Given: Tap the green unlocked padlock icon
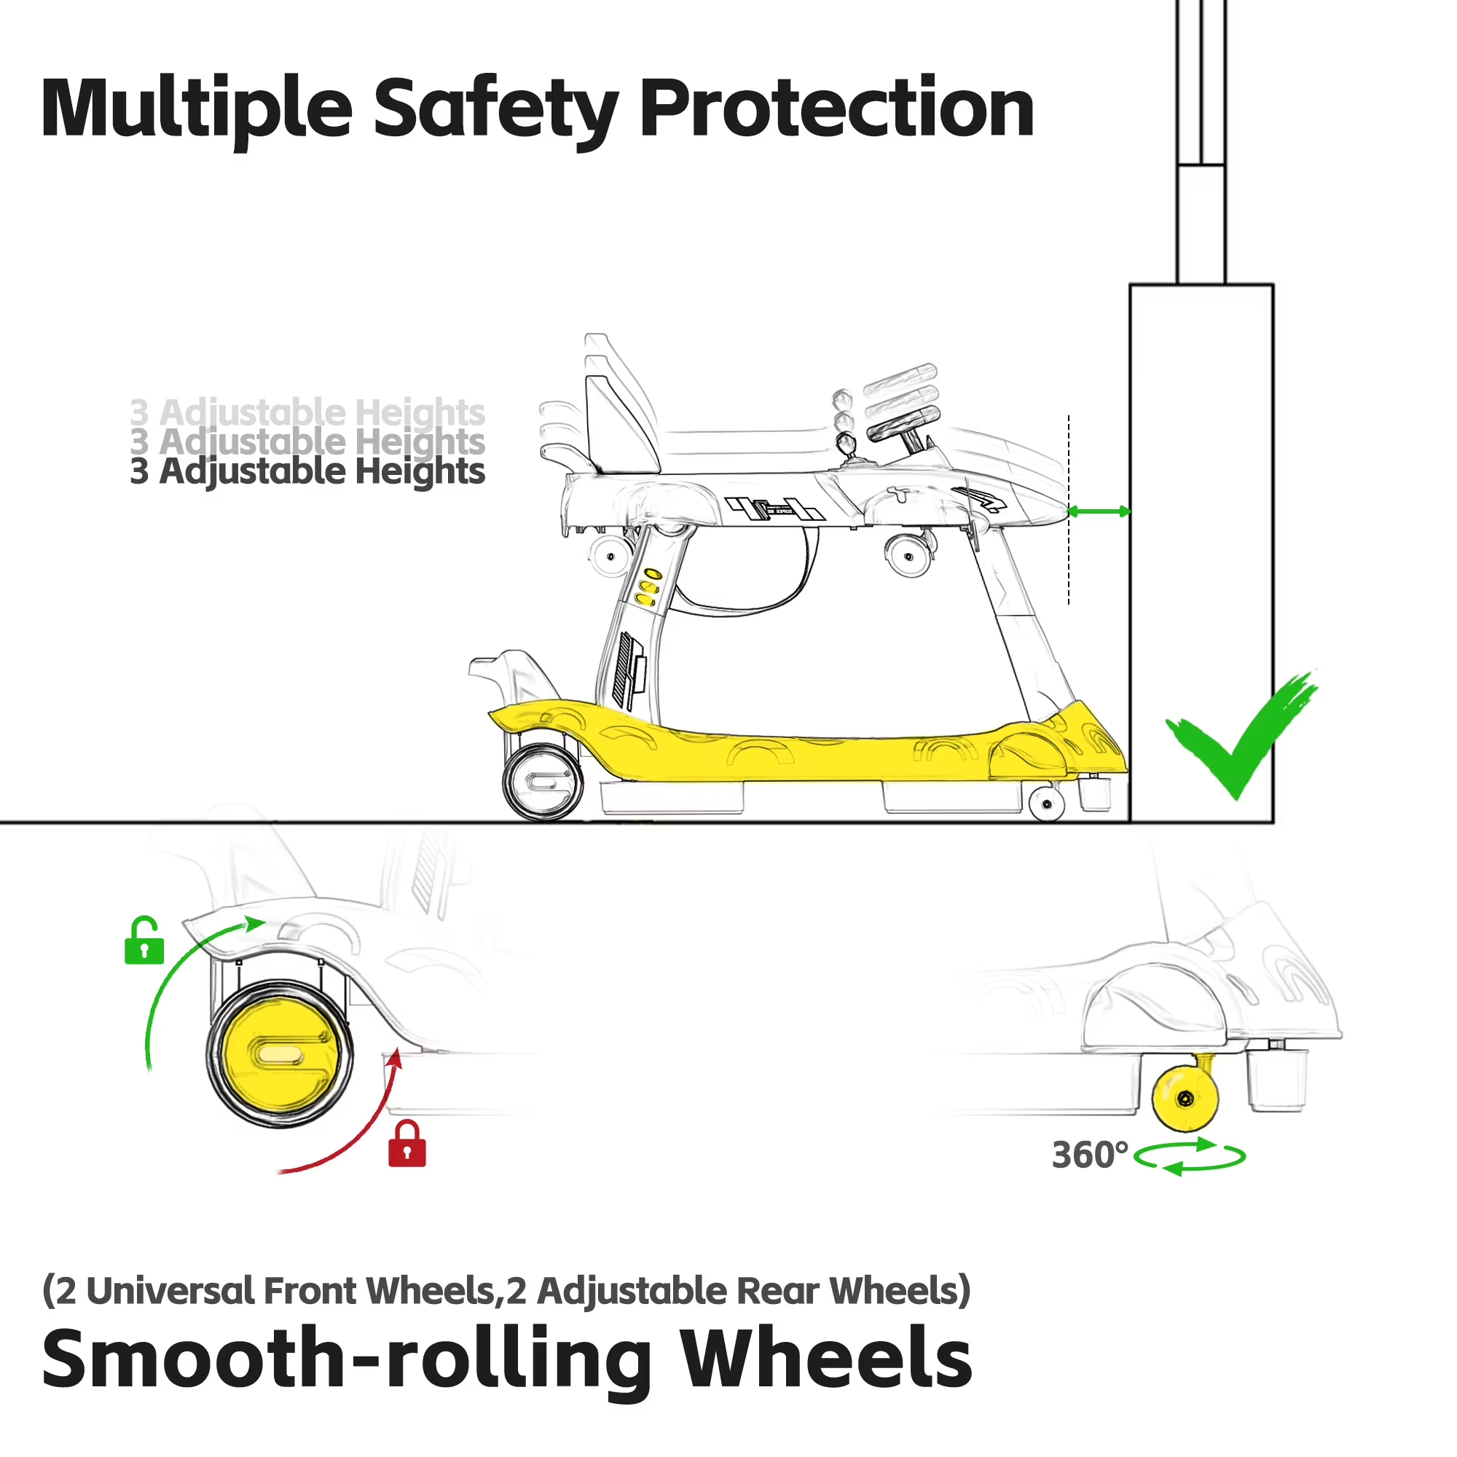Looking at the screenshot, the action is coord(144,940).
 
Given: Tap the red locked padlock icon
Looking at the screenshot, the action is coord(407,1144).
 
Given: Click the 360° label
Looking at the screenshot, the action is coord(1090,1155).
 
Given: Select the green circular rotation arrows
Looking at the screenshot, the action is coord(1190,1155).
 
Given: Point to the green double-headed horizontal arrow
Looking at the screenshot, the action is coord(1099,511).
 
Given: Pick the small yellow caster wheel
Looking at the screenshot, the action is coord(1185,1097).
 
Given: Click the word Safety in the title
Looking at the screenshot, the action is coord(496,110).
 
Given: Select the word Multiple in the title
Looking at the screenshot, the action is coord(197,110).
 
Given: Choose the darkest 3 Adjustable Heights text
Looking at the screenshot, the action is coord(307,471).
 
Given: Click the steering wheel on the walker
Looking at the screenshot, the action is coord(903,424).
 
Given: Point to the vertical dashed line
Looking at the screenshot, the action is coord(1069,509).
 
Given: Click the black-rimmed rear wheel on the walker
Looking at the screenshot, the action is coord(543,782).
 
